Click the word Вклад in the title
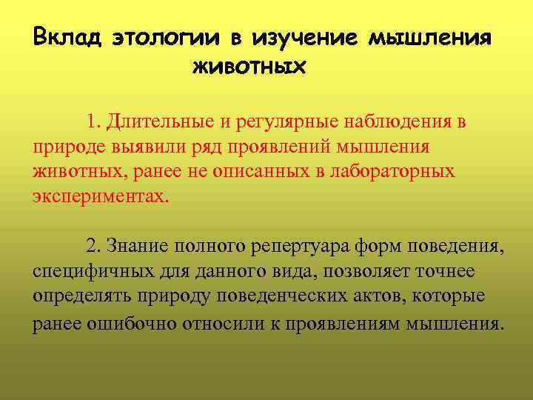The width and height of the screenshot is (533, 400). pyautogui.click(x=68, y=38)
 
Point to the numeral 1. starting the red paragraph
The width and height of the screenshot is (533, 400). pyautogui.click(x=93, y=121)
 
